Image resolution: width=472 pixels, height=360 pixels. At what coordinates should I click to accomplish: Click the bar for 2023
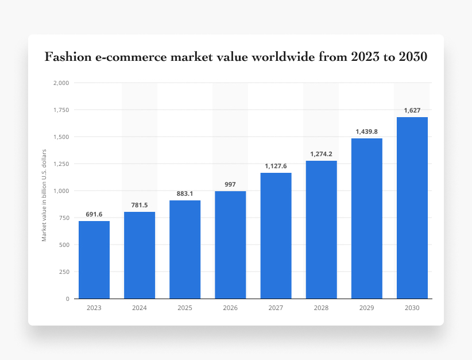point(94,260)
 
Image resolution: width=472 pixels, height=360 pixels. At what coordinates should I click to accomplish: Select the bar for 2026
point(230,245)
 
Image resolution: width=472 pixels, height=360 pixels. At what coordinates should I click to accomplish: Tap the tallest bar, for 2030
point(412,208)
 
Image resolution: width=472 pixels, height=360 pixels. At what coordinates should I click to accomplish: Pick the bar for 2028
point(321,230)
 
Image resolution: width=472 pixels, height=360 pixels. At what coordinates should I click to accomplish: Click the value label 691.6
point(94,214)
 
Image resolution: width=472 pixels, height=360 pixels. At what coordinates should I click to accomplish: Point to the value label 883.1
point(185,193)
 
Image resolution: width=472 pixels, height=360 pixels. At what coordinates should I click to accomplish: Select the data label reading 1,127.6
point(276,166)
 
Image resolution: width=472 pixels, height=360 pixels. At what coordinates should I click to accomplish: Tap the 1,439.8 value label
point(366,131)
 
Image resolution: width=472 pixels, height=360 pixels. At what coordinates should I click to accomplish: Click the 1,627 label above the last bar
point(412,110)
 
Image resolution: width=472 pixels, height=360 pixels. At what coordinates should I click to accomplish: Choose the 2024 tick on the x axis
point(140,308)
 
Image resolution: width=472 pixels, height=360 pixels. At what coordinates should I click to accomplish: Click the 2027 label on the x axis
point(276,308)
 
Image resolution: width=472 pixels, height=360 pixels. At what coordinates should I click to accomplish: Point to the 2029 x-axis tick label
point(366,308)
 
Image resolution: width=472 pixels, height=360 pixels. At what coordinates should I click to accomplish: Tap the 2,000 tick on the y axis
point(61,83)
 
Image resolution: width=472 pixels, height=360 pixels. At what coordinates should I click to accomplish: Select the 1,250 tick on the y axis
point(61,164)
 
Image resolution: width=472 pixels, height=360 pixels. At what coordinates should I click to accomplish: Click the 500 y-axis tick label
point(64,245)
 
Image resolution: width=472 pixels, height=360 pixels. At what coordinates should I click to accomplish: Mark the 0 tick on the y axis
point(68,299)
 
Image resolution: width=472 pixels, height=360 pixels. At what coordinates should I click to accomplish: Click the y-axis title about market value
point(44,195)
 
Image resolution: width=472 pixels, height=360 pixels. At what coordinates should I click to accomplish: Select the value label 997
point(230,184)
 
